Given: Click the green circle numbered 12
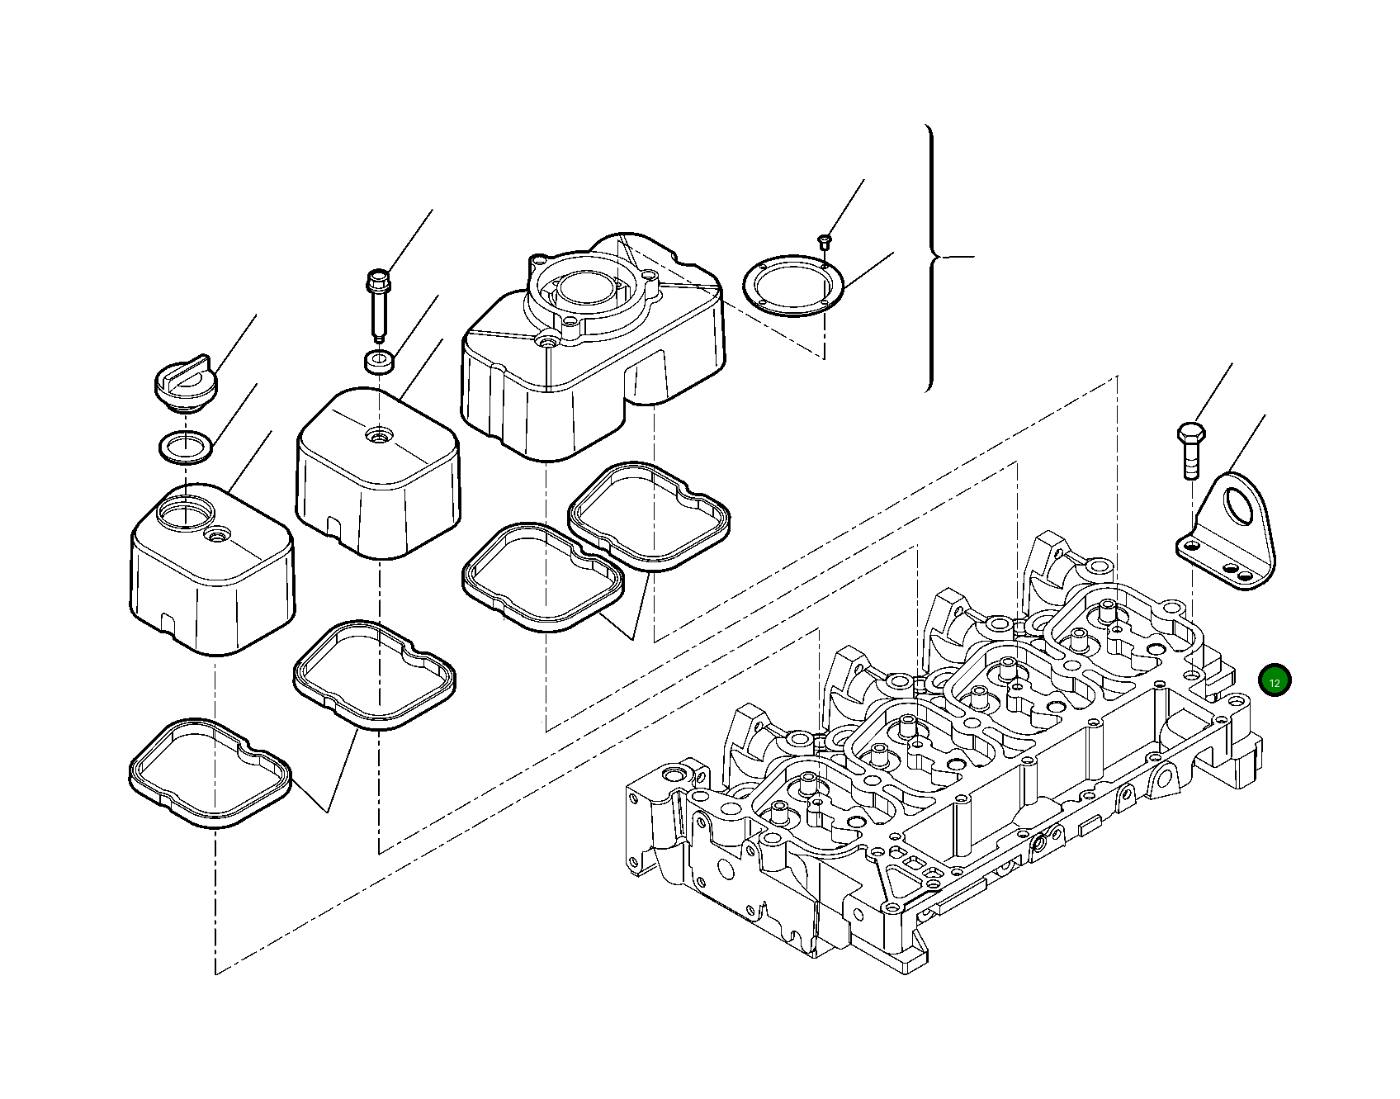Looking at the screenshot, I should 1275,680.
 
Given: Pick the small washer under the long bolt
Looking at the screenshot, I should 378,361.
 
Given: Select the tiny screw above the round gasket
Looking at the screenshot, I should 824,240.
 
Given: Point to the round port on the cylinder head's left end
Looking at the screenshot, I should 673,775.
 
